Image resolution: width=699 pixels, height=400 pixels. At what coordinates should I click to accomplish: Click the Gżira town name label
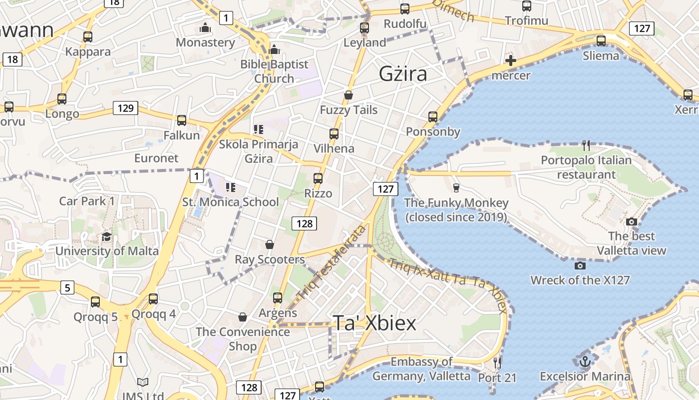click(403, 74)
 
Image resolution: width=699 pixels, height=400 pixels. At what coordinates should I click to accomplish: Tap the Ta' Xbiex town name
click(374, 323)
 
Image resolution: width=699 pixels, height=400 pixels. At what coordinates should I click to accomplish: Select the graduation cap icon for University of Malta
click(106, 236)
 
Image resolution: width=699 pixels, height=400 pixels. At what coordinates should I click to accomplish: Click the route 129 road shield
click(125, 107)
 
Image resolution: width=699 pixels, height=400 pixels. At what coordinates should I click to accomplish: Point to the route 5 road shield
click(67, 287)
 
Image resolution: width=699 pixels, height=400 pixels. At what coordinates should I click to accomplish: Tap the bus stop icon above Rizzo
click(318, 178)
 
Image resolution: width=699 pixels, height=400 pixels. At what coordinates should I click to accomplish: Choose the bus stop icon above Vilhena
click(334, 134)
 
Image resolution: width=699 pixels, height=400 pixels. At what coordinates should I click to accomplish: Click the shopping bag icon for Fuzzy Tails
click(349, 95)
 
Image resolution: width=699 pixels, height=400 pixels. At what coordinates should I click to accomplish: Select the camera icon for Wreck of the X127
click(580, 265)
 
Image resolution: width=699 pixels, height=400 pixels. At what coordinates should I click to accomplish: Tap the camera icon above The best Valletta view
click(631, 221)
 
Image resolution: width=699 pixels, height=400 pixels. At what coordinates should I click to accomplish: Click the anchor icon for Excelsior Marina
click(585, 361)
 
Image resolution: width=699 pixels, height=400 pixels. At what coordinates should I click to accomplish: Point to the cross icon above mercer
click(510, 61)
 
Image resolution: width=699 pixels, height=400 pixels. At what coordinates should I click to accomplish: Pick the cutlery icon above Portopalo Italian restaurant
click(586, 145)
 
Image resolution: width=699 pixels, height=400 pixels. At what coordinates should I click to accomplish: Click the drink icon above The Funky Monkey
click(455, 188)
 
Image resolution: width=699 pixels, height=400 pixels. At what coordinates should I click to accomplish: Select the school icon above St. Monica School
click(230, 187)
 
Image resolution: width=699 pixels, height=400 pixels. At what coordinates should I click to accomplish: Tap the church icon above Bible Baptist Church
click(274, 49)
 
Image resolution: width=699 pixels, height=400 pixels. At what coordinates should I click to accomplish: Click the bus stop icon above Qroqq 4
click(153, 299)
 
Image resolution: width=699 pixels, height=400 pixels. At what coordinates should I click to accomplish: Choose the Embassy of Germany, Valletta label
click(421, 368)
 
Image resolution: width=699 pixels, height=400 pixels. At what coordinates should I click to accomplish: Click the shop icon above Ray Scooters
click(269, 244)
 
